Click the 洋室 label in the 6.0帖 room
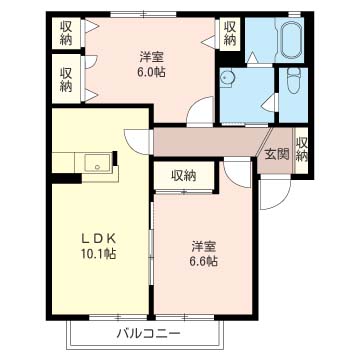click(152, 57)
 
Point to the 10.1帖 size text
click(97, 255)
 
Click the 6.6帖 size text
click(205, 261)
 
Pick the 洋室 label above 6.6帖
click(205, 246)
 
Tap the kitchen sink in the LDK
click(97, 163)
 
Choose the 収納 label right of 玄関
click(303, 149)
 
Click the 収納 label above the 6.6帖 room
click(182, 176)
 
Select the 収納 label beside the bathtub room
click(230, 32)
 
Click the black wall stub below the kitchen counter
click(66, 179)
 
